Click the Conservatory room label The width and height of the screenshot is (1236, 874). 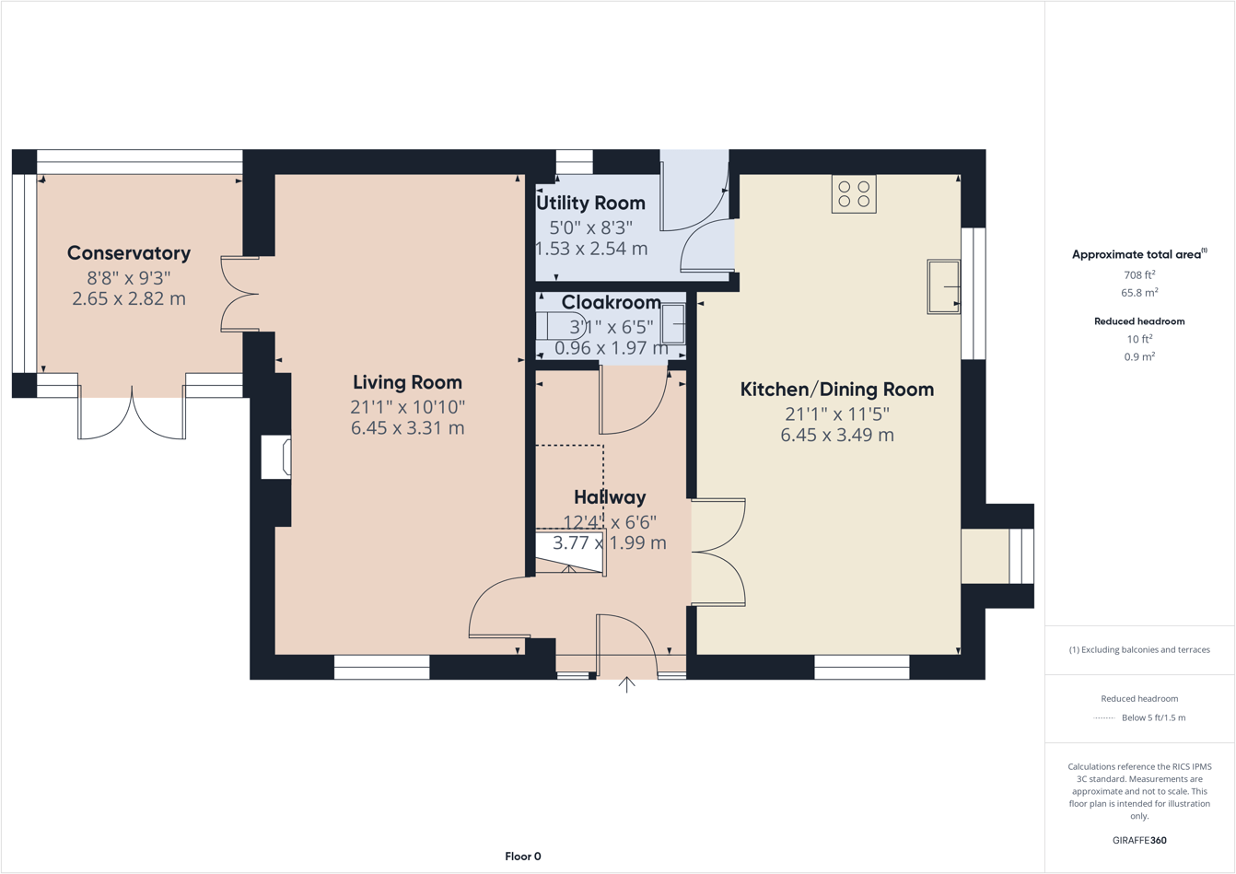(129, 253)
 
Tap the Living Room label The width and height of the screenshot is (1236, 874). (407, 382)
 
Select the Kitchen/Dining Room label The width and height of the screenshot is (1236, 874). (836, 390)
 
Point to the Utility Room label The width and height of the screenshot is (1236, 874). (590, 203)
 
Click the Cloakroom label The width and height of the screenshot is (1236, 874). (611, 302)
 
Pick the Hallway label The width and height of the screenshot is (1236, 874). (610, 497)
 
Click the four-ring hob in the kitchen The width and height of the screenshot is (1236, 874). (854, 194)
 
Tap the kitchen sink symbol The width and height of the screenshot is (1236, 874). (943, 287)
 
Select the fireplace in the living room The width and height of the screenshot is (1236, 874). (276, 457)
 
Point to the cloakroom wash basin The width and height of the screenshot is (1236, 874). (674, 324)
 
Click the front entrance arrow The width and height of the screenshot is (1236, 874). (626, 685)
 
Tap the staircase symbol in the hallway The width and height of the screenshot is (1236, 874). (570, 553)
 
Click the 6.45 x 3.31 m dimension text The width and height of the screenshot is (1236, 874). (407, 428)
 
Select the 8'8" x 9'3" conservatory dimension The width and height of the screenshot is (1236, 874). (129, 277)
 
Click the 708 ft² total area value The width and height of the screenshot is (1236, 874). (1139, 274)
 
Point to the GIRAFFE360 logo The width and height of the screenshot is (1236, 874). (1139, 840)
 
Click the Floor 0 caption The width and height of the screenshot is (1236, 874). (522, 857)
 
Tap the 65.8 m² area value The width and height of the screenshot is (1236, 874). (1139, 293)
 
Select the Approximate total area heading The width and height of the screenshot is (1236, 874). (1139, 254)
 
